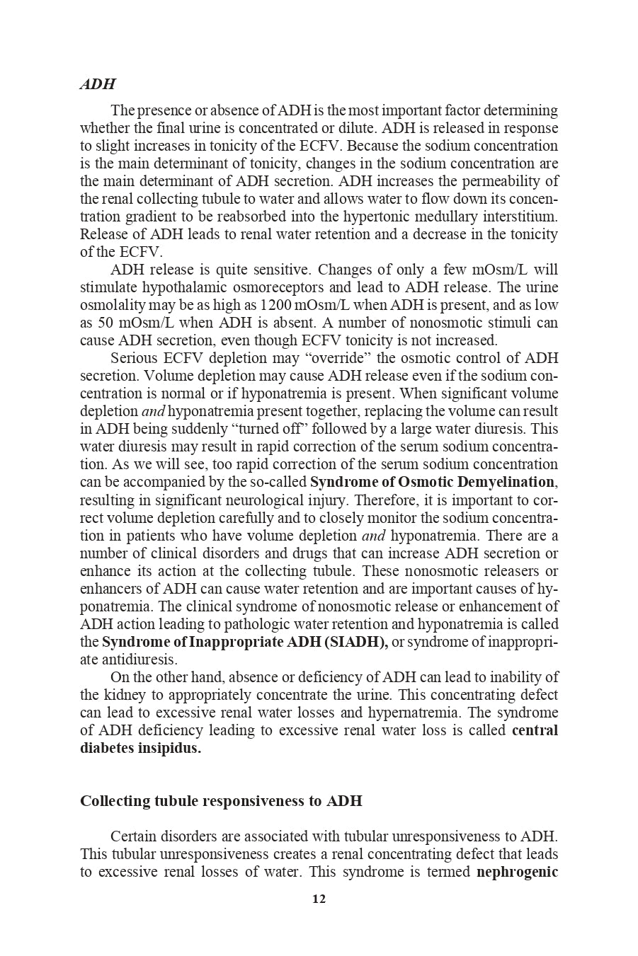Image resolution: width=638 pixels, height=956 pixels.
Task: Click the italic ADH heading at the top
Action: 97,84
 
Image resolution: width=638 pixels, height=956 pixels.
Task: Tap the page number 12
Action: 319,899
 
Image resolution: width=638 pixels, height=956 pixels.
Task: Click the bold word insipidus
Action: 170,748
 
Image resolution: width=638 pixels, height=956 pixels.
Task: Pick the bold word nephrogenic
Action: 517,872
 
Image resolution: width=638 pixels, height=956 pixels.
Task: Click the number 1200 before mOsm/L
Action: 276,305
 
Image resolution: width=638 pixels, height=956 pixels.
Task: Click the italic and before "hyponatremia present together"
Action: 153,411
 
